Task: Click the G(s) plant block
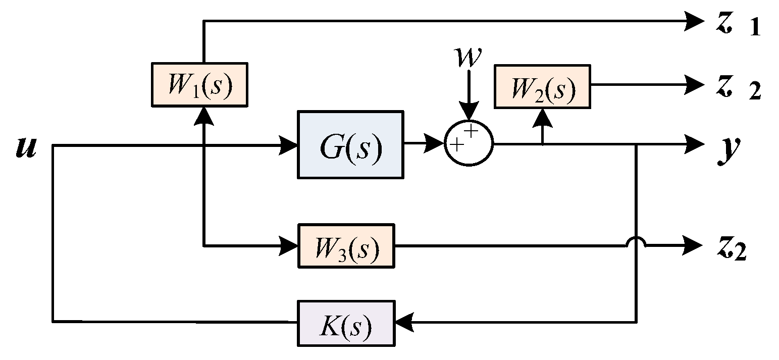click(350, 144)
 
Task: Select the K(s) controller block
click(346, 323)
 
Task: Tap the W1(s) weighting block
click(199, 84)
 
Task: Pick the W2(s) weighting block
click(542, 86)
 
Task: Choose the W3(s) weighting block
click(346, 246)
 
